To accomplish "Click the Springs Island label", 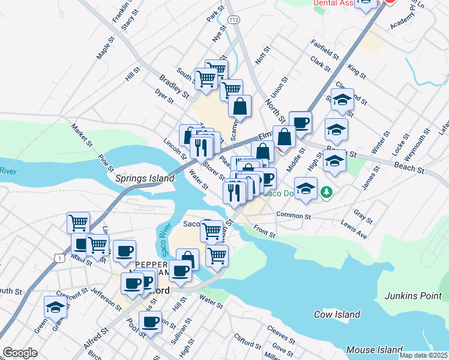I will [x=145, y=178].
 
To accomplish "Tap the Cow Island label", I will [x=337, y=314].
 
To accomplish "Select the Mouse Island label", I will [x=374, y=349].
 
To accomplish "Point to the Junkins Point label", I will [x=416, y=295].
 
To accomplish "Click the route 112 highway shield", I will [x=234, y=20].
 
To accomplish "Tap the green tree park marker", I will [x=326, y=192].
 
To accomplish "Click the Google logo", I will [x=20, y=353].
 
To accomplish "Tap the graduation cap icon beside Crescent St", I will [x=55, y=307].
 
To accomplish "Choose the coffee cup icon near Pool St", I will [x=151, y=322].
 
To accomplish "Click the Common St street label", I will [x=293, y=215].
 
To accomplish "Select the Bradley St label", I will [x=174, y=87].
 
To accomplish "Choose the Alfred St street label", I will [x=96, y=339].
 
